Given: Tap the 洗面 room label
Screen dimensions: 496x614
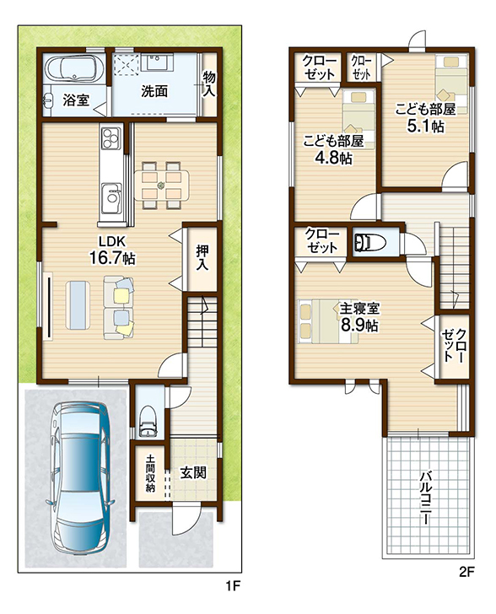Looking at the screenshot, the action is coord(154,91).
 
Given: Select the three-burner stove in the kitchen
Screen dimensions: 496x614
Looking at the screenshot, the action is coord(111,137).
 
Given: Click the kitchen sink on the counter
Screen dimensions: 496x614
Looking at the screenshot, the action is coord(111,197).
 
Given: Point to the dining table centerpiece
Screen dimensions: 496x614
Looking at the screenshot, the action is coord(161,186).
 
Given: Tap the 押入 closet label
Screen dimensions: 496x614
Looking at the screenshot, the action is coord(202,257).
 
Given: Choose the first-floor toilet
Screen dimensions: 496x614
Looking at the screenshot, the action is coord(148,422).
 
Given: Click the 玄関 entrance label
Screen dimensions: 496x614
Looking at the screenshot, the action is coord(193,472).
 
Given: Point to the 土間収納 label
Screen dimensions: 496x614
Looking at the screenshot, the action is coord(150,472).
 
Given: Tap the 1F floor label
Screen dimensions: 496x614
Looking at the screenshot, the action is coord(232,586).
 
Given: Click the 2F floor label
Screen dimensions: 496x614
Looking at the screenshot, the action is coord(466,573).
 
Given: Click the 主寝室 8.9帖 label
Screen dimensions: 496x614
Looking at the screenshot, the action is coord(359,317).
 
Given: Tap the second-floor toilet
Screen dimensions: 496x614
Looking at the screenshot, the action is coord(369,242).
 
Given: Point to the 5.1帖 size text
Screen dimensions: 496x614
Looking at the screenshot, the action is coord(425,126).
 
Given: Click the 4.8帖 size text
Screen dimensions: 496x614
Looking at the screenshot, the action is coord(334,158).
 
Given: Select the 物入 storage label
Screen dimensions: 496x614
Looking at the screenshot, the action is coord(209,83).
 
